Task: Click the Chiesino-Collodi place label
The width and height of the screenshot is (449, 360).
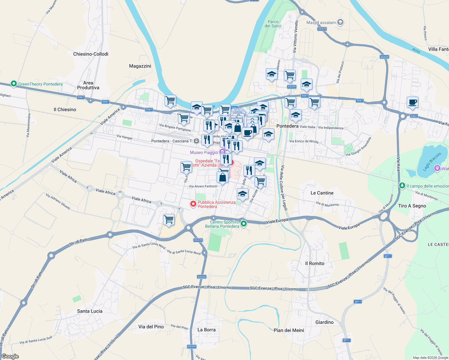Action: pos(91,54)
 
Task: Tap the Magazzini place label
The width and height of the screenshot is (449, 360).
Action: pos(140,66)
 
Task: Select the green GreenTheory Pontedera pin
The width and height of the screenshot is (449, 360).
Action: pos(14,84)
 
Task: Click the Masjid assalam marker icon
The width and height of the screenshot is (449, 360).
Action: pos(340,22)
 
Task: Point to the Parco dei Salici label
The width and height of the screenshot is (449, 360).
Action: pos(273,24)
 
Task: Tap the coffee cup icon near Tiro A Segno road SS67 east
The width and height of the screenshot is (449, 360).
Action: pos(412,102)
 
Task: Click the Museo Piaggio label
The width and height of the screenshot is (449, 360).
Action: pos(204,152)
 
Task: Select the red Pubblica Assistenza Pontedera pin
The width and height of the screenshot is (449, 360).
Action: pos(193,204)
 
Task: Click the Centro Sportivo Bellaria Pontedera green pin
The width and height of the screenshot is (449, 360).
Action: pos(244,223)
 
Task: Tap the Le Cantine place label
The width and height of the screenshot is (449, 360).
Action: pos(322,193)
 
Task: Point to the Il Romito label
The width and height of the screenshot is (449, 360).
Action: pos(315,263)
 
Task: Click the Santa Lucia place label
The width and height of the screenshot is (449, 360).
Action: pos(90,311)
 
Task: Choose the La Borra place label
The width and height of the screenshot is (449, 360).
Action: pos(206,330)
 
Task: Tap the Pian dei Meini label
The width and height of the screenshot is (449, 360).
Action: pos(289,330)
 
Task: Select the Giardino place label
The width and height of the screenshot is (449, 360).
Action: pos(324,322)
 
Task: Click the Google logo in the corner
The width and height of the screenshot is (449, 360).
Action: pos(10,356)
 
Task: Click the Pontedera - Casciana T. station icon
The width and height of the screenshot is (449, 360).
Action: pos(196,141)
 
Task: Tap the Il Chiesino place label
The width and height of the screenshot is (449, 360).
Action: pos(65,109)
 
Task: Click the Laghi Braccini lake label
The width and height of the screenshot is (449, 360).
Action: pos(432,162)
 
